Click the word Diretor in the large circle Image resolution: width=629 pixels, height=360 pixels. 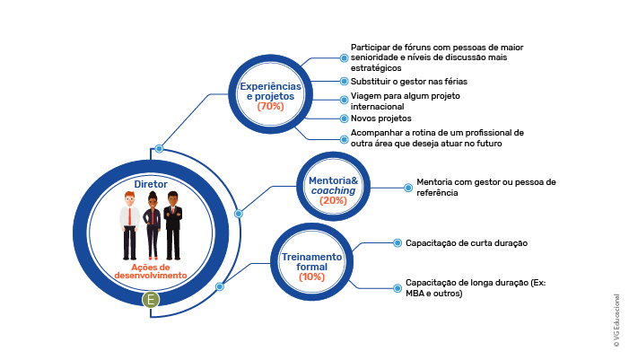[151, 184]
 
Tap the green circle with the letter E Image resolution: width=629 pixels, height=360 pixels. [151, 299]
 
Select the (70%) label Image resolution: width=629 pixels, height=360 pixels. [270, 106]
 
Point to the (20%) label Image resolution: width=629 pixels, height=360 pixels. [333, 200]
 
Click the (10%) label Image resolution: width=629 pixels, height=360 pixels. [311, 277]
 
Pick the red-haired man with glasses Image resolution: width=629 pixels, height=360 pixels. [129, 225]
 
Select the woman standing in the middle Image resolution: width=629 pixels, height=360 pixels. [152, 225]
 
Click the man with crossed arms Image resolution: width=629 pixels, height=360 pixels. [173, 225]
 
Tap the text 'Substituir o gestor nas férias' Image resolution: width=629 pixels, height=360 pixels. [409, 82]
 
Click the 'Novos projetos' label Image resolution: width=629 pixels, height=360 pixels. [380, 119]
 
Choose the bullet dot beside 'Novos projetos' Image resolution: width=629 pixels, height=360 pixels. [344, 119]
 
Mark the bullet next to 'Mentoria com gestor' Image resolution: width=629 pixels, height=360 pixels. [408, 188]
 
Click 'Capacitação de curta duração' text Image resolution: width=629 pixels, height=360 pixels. [466, 243]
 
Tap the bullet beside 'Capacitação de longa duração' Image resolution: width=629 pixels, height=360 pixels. [397, 288]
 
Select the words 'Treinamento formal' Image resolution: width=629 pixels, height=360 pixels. [311, 261]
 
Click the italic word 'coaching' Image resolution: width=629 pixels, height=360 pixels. [333, 190]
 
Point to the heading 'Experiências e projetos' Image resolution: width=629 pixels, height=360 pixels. [270, 91]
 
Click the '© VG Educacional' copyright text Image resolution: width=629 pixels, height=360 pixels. [616, 320]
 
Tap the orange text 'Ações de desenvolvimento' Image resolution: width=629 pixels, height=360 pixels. [151, 271]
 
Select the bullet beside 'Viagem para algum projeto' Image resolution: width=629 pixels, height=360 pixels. [344, 100]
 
